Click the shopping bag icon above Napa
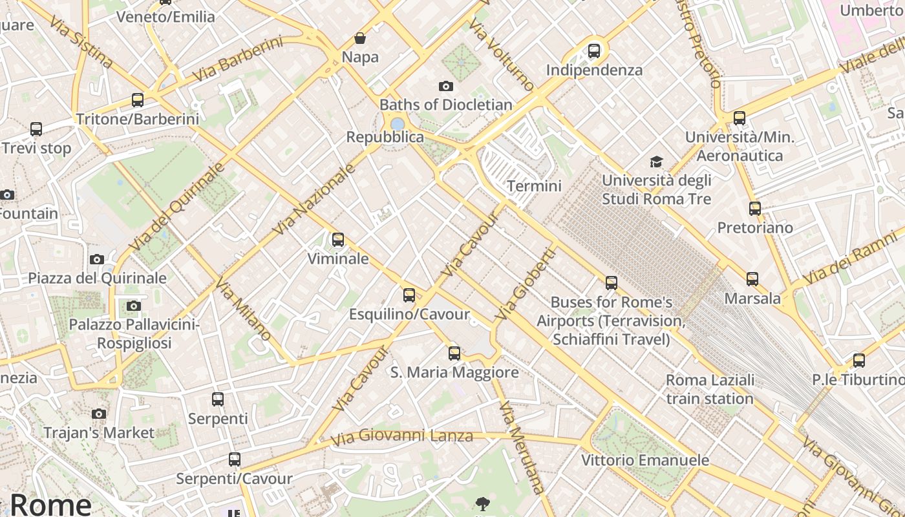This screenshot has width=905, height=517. pyautogui.click(x=360, y=38)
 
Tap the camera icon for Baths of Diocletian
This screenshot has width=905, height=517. pyautogui.click(x=445, y=86)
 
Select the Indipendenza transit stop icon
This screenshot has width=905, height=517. pyautogui.click(x=594, y=50)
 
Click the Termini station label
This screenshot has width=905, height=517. pyautogui.click(x=534, y=186)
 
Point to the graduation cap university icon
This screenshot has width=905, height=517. pyautogui.click(x=657, y=162)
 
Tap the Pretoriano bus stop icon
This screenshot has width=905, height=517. pyautogui.click(x=755, y=209)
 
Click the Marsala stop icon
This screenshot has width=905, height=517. pyautogui.click(x=752, y=279)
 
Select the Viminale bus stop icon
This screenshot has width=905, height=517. pyautogui.click(x=337, y=240)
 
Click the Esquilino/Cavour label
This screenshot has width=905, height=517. pyautogui.click(x=409, y=315)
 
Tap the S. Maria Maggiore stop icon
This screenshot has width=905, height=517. pyautogui.click(x=454, y=353)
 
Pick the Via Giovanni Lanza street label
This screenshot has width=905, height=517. pyautogui.click(x=401, y=437)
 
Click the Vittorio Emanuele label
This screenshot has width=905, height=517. pyautogui.click(x=645, y=460)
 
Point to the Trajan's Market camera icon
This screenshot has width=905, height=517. pyautogui.click(x=99, y=414)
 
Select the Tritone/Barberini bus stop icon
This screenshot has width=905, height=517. pyautogui.click(x=138, y=100)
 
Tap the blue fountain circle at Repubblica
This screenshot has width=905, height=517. pyautogui.click(x=397, y=123)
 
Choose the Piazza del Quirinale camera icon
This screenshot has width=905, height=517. pyautogui.click(x=97, y=259)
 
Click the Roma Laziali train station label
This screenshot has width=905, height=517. pyautogui.click(x=710, y=389)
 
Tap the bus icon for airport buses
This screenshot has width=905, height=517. pyautogui.click(x=612, y=282)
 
